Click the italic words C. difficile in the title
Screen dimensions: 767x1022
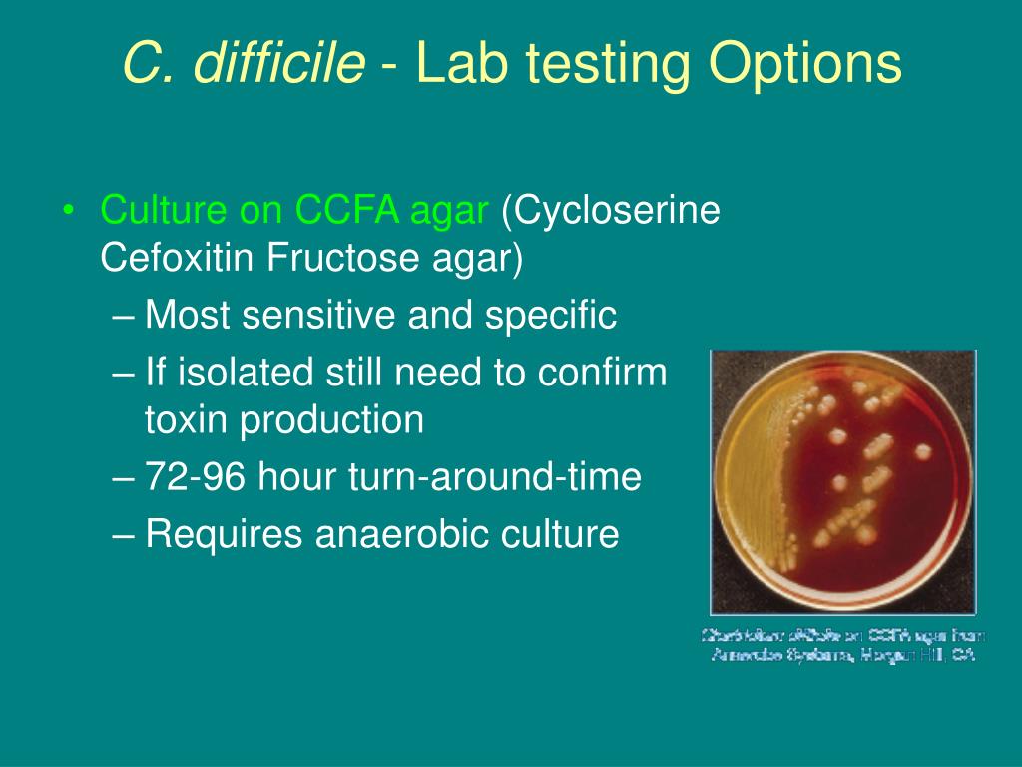coord(244,64)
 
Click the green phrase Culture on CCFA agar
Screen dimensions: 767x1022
coord(294,211)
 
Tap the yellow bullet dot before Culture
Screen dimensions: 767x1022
coord(68,212)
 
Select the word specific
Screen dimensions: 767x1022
coord(551,316)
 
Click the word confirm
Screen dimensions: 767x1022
coord(602,374)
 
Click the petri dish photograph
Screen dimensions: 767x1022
coord(842,481)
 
